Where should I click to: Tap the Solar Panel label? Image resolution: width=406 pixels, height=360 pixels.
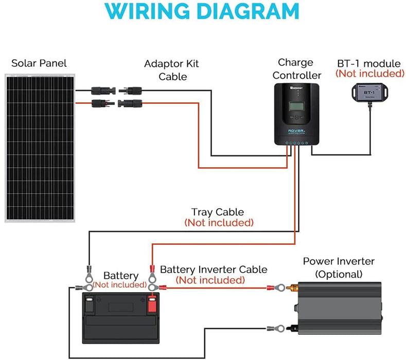tap(39, 64)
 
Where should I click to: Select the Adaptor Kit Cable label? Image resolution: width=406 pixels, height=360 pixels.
tap(171, 70)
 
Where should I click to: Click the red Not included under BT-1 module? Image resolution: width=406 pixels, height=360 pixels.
tap(369, 74)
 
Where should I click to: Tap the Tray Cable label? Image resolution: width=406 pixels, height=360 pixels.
tap(218, 212)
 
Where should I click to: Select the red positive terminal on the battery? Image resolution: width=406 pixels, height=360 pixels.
tap(152, 304)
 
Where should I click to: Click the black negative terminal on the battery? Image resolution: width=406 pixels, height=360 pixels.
tap(89, 304)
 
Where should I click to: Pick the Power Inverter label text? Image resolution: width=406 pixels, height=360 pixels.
tap(339, 261)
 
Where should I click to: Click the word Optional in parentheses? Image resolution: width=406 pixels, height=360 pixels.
tap(339, 274)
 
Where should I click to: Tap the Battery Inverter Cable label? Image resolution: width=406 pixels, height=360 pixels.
tap(214, 269)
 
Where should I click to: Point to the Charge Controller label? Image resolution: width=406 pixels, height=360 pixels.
tap(296, 69)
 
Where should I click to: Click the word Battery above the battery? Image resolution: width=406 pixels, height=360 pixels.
tap(121, 276)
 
